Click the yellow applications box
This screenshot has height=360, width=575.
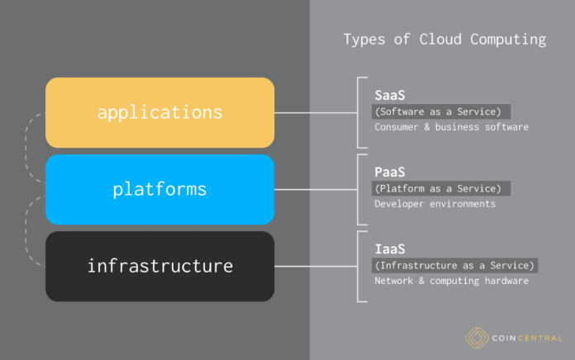point(159,112)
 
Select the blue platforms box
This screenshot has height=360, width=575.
point(159,189)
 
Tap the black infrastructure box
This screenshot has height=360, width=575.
point(159,266)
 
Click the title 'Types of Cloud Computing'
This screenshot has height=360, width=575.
point(444,40)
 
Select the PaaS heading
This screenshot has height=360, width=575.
point(389,172)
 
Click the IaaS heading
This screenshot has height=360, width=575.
point(389,249)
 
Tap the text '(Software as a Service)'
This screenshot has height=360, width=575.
point(442,111)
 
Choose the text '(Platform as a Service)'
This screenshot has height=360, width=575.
point(442,188)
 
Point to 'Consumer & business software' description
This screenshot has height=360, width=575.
point(451,127)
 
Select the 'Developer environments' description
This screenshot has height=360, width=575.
point(435,204)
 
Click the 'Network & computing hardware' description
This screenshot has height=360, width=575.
point(451,281)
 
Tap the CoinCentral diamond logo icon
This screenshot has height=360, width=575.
point(476,337)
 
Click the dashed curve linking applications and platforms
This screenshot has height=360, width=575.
point(29,150)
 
